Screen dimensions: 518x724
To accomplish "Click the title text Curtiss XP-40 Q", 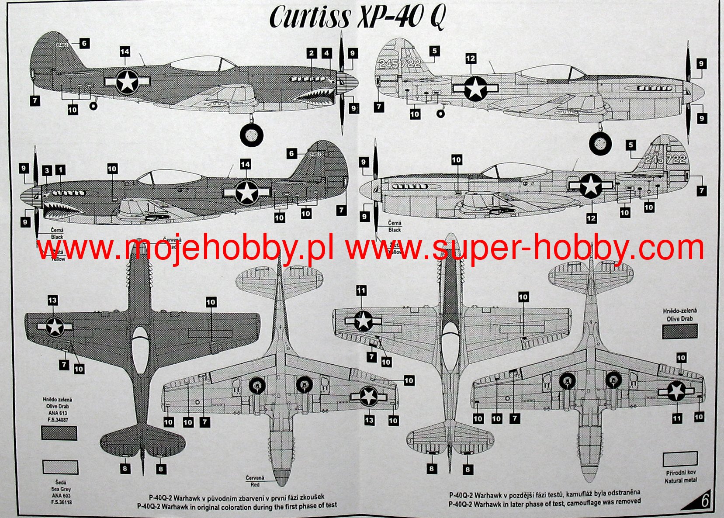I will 357,17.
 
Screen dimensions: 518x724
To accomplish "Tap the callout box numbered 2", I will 311,54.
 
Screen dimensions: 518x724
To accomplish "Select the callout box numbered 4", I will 327,54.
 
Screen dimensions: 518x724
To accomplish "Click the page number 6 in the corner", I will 705,501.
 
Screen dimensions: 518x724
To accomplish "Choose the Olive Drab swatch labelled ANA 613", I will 59,433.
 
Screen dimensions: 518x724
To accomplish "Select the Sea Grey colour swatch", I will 60,467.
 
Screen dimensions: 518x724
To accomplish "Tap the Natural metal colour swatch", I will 680,459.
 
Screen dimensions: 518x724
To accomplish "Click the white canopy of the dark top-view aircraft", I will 140,349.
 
